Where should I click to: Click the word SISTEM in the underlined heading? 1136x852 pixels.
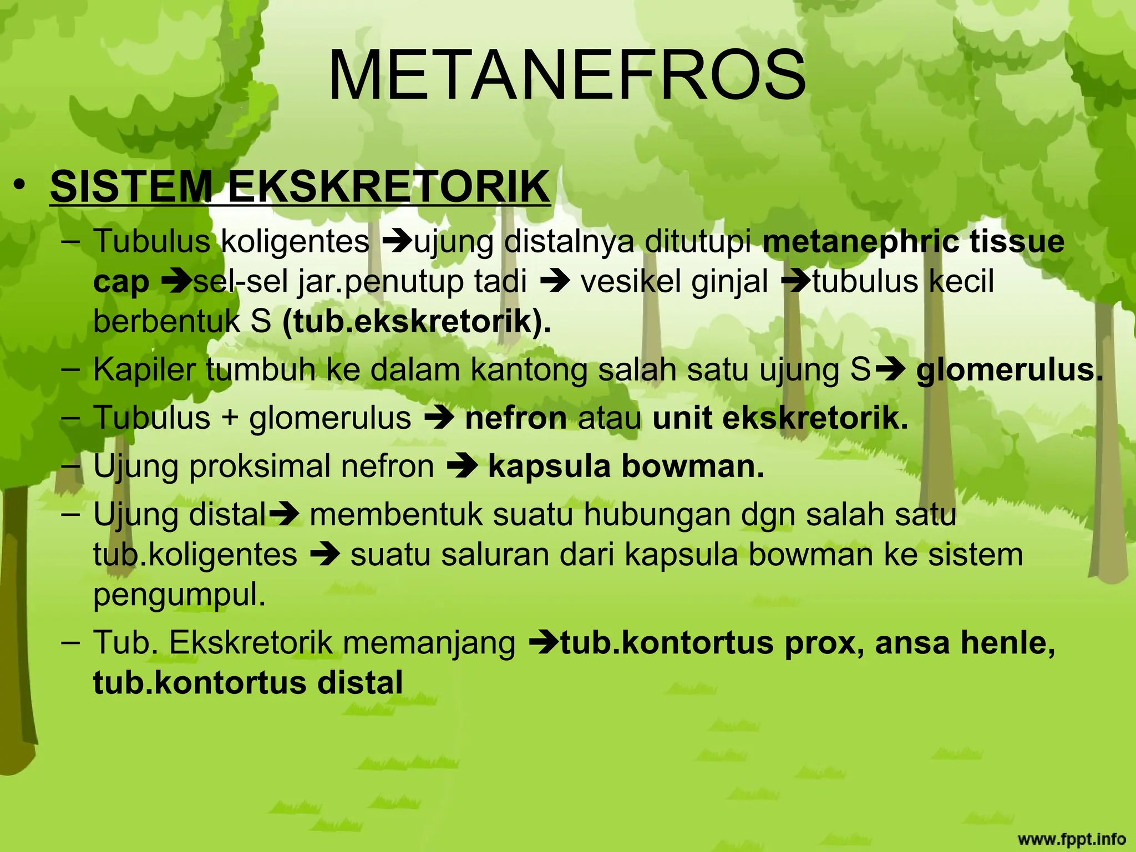(x=131, y=186)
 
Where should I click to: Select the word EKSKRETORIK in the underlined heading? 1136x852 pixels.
(x=388, y=186)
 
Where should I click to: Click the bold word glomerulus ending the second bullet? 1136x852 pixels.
(x=1009, y=370)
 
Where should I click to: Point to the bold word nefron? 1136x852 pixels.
(x=516, y=418)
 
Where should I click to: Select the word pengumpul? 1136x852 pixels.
(x=179, y=595)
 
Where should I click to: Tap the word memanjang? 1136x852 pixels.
(x=429, y=643)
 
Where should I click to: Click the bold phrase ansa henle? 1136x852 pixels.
(x=965, y=643)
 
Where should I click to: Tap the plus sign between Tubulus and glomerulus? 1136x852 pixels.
(x=230, y=419)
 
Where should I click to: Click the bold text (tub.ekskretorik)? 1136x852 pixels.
(x=417, y=322)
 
